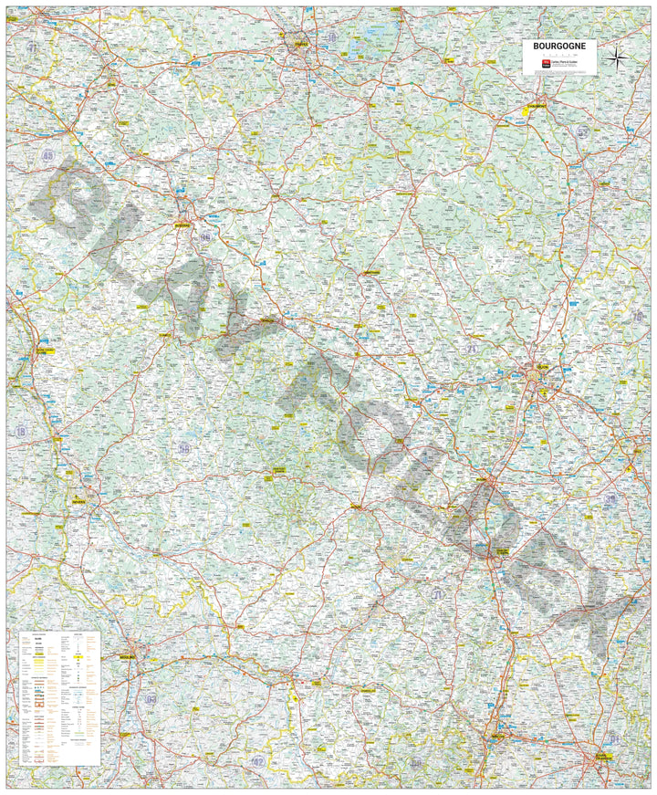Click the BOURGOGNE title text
click(x=560, y=45)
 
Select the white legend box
click(x=58, y=697)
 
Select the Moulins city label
click(x=128, y=656)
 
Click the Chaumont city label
click(x=542, y=108)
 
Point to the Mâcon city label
click(x=498, y=736)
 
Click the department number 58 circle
click(x=185, y=447)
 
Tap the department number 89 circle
click(x=205, y=236)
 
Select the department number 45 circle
click(x=47, y=156)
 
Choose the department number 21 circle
click(x=471, y=349)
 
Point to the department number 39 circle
click(x=610, y=498)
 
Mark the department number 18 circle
click(x=20, y=431)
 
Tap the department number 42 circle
click(x=258, y=760)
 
